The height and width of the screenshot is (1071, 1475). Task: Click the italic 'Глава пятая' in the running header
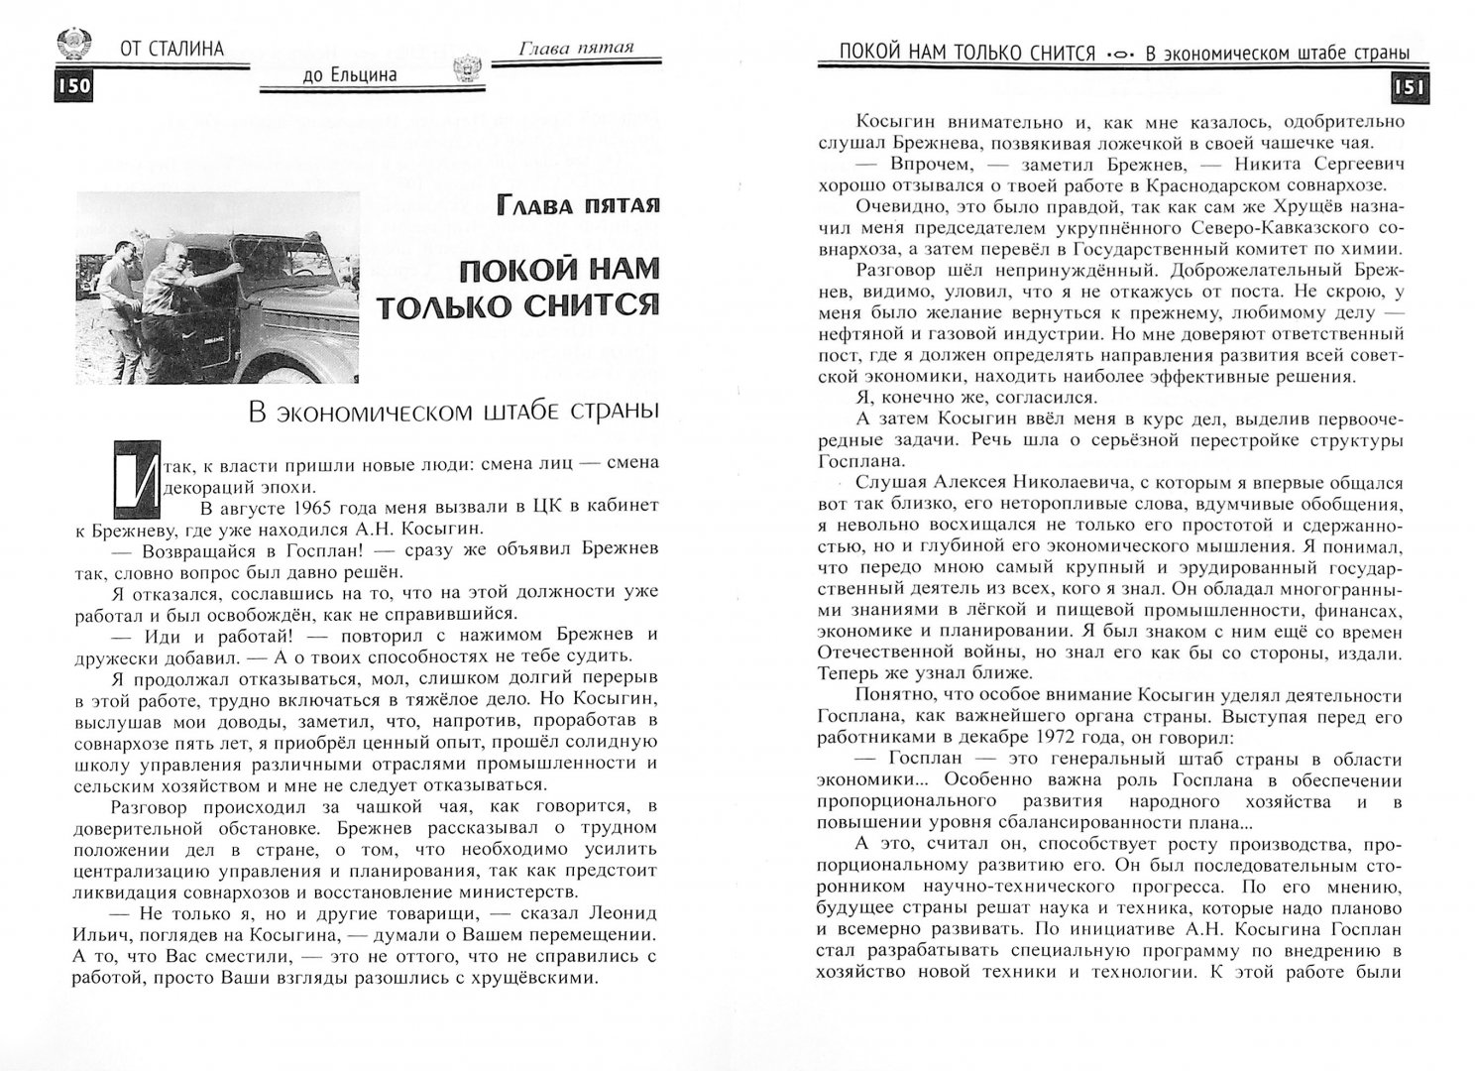click(575, 46)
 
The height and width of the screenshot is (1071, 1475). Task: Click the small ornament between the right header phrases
click(1118, 55)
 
